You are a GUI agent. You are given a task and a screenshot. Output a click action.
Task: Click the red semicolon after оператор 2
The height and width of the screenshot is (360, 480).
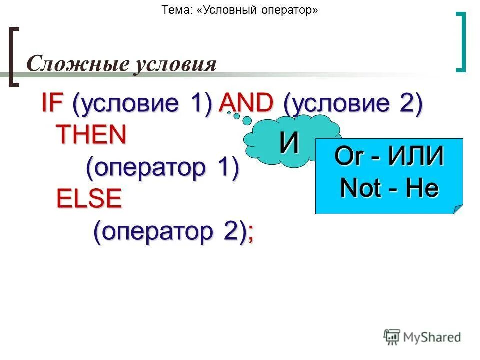click(x=250, y=234)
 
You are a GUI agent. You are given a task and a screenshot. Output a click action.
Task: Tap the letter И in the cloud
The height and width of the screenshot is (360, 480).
click(x=289, y=144)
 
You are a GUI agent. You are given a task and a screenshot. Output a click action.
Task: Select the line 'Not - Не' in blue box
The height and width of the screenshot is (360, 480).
click(x=389, y=188)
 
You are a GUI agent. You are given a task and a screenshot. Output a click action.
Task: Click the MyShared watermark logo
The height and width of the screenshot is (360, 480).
click(x=422, y=337)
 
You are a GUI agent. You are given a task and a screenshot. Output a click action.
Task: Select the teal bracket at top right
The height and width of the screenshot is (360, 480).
click(x=462, y=42)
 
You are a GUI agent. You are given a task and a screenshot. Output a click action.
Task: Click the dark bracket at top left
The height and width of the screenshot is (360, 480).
click(x=14, y=57)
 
